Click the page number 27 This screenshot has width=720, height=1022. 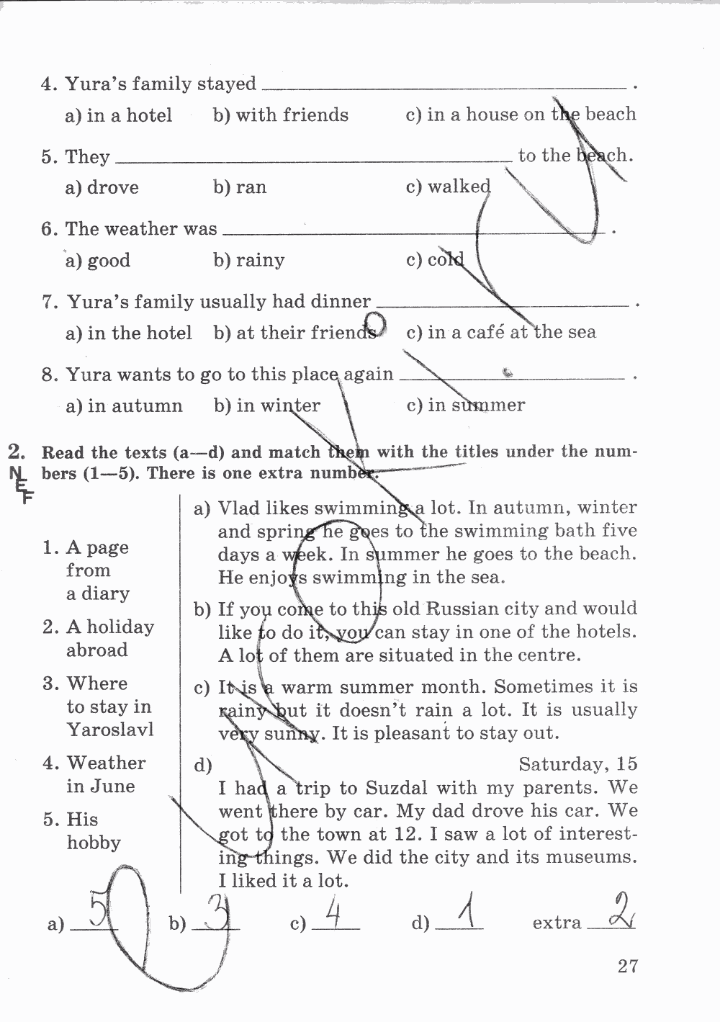click(627, 966)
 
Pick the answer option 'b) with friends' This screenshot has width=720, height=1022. click(281, 115)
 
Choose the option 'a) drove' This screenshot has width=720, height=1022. click(102, 188)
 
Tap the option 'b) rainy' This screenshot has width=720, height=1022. click(248, 260)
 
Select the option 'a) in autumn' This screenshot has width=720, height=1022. click(124, 406)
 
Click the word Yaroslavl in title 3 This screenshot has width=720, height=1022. click(110, 730)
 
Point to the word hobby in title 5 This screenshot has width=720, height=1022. click(94, 843)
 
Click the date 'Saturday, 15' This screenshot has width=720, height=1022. click(577, 764)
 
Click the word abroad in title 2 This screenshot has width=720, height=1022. click(96, 650)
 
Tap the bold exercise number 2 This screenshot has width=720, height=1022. click(17, 452)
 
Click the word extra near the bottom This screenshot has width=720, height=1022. click(557, 923)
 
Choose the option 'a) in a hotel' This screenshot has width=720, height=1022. click(119, 116)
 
